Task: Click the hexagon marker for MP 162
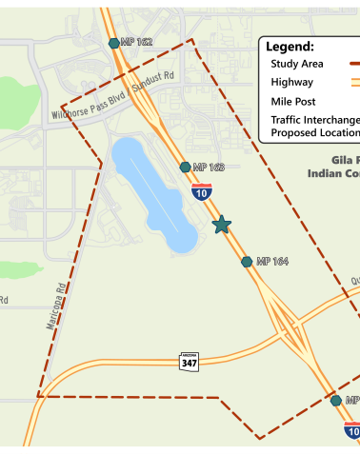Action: [x=114, y=43]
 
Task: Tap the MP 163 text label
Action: [x=209, y=168]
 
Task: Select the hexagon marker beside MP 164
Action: [x=247, y=261]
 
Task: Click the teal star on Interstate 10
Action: [x=221, y=225]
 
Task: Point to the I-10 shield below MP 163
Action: [x=201, y=192]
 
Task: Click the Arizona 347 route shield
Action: [x=190, y=362]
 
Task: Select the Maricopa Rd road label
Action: [x=57, y=305]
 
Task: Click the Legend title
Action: [x=290, y=47]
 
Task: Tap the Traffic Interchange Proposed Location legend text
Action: [x=314, y=126]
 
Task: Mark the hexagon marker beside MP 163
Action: [x=186, y=168]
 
